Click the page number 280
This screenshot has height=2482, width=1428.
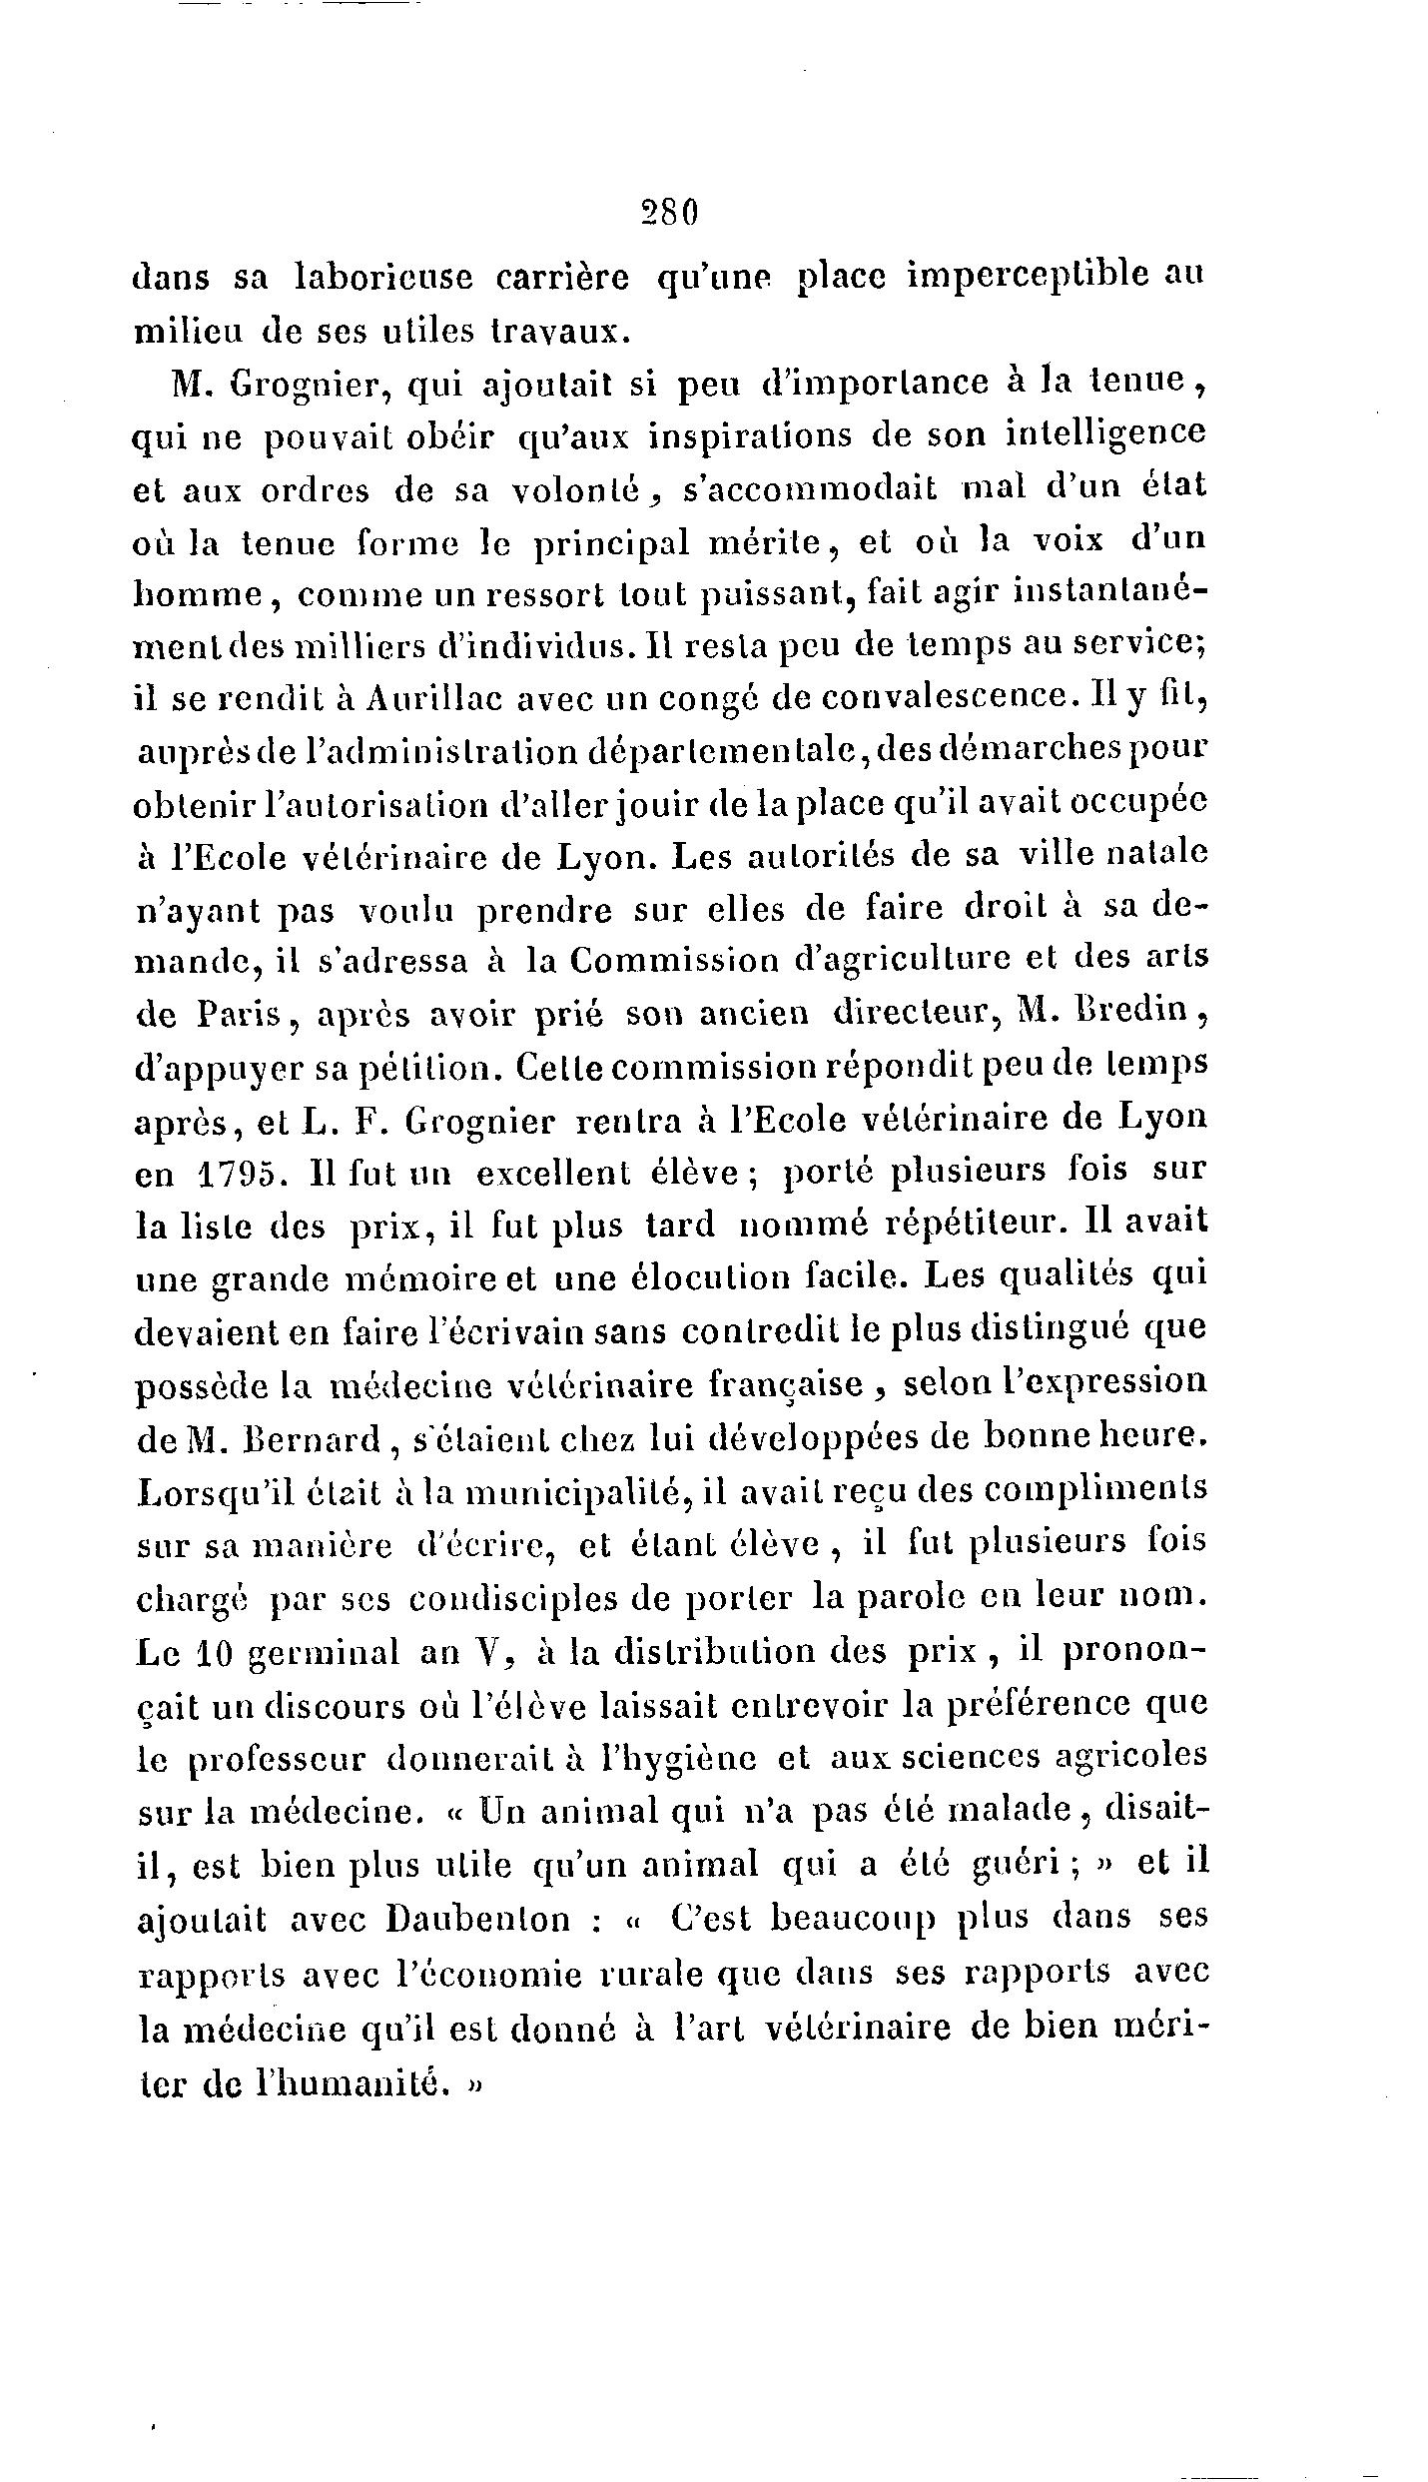(670, 214)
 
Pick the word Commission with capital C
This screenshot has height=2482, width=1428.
(671, 961)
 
